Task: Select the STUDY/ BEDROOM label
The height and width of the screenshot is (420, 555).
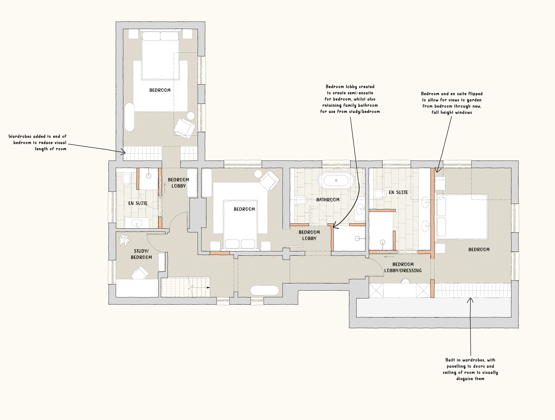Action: click(141, 254)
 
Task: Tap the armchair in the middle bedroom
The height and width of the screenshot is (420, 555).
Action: click(269, 180)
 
